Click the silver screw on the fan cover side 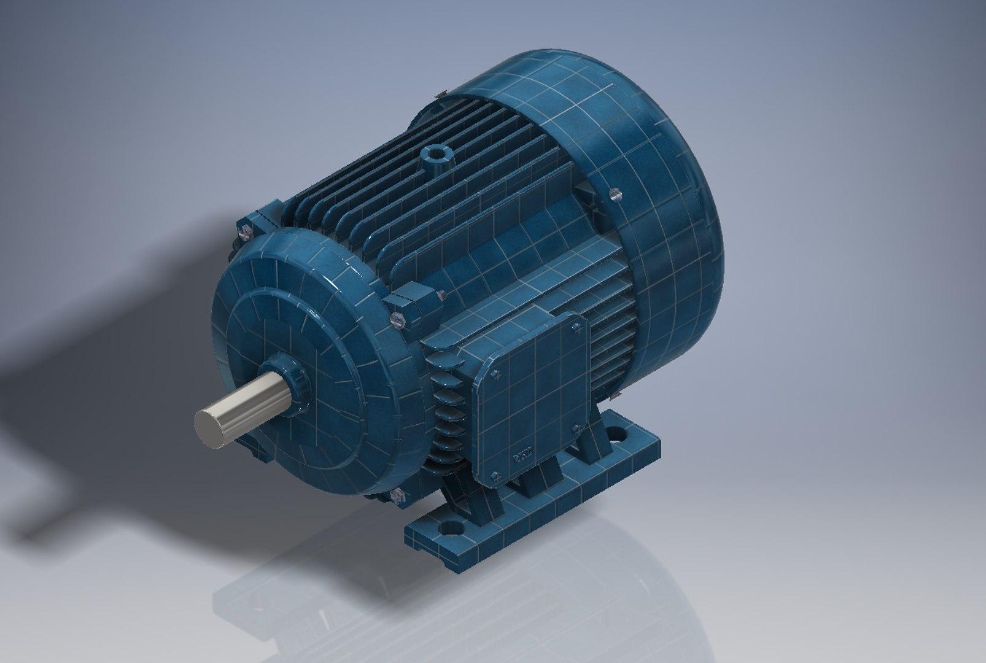tap(616, 195)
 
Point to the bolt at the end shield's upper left tap(244, 231)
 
